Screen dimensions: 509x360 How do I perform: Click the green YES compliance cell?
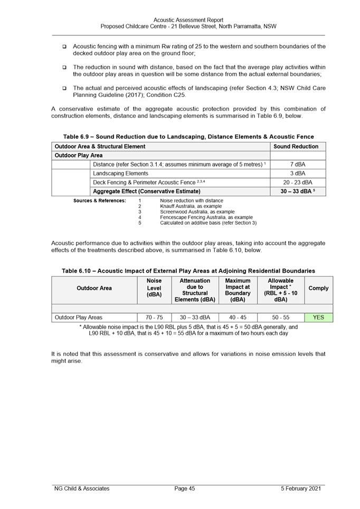(x=318, y=318)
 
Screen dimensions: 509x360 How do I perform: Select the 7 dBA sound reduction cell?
(x=298, y=165)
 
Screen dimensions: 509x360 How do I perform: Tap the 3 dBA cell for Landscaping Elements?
(x=298, y=173)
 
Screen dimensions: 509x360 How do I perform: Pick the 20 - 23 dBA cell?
(x=298, y=182)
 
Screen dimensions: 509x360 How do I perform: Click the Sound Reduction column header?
(x=298, y=146)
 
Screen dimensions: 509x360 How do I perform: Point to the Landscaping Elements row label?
(x=120, y=173)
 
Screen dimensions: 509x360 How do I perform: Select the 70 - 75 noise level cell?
(x=154, y=318)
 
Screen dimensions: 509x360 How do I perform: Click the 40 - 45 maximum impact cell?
(x=238, y=318)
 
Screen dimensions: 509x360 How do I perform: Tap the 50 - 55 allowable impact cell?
(x=280, y=318)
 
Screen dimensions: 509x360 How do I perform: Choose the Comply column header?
(x=318, y=288)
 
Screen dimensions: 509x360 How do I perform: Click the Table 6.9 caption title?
(x=188, y=137)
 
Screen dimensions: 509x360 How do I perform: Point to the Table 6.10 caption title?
(x=188, y=271)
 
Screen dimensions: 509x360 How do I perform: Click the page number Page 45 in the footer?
(x=185, y=488)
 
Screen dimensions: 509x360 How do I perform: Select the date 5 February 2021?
(x=302, y=488)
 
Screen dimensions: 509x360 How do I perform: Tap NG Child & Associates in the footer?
(x=82, y=488)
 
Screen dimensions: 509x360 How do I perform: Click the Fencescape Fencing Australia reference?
(x=206, y=217)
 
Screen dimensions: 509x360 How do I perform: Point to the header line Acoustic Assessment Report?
(x=188, y=20)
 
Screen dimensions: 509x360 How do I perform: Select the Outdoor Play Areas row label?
(x=79, y=318)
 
